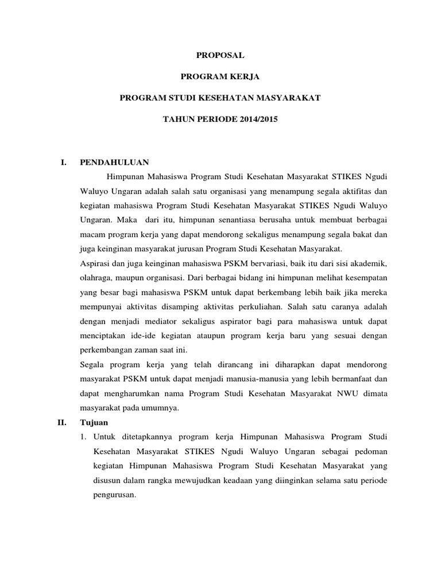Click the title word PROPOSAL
[x=220, y=55]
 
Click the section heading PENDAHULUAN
[x=115, y=163]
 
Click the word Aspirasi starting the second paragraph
[x=94, y=263]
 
